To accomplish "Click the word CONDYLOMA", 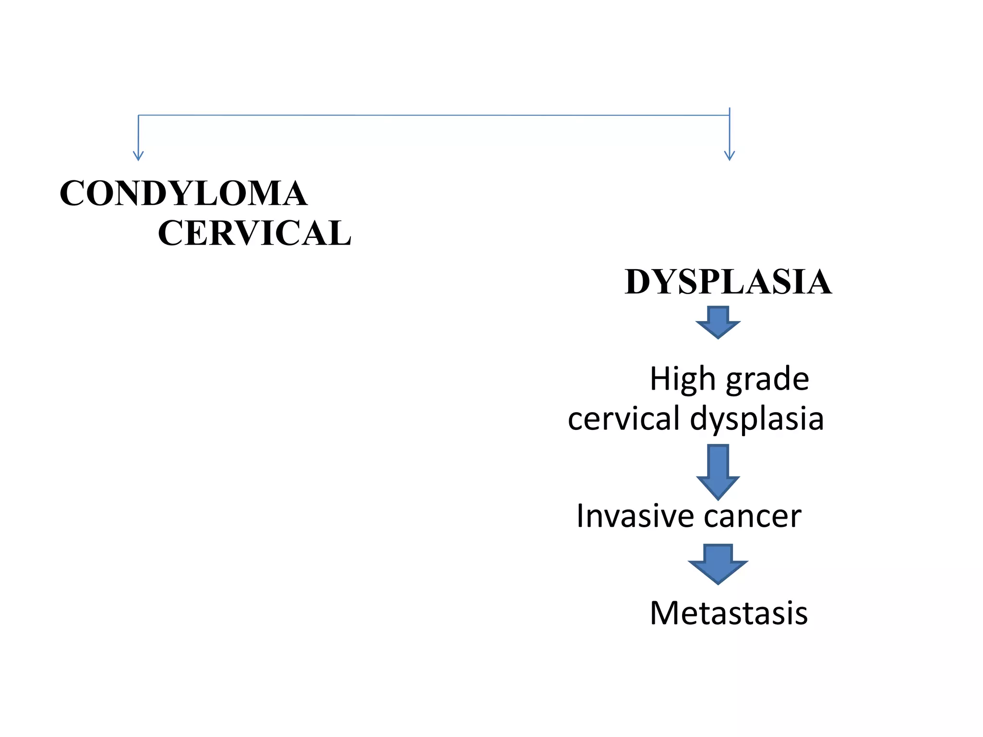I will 183,193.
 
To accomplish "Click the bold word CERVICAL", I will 254,233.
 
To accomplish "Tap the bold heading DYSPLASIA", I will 728,282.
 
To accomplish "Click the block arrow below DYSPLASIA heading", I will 718,323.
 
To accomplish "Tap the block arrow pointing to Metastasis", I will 718,564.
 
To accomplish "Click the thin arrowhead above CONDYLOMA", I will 138,156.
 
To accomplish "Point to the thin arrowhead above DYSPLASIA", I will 730,156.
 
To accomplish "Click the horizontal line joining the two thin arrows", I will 432,115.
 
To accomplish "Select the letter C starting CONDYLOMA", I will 72,193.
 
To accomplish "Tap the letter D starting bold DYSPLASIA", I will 638,282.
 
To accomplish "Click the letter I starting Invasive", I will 580,516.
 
